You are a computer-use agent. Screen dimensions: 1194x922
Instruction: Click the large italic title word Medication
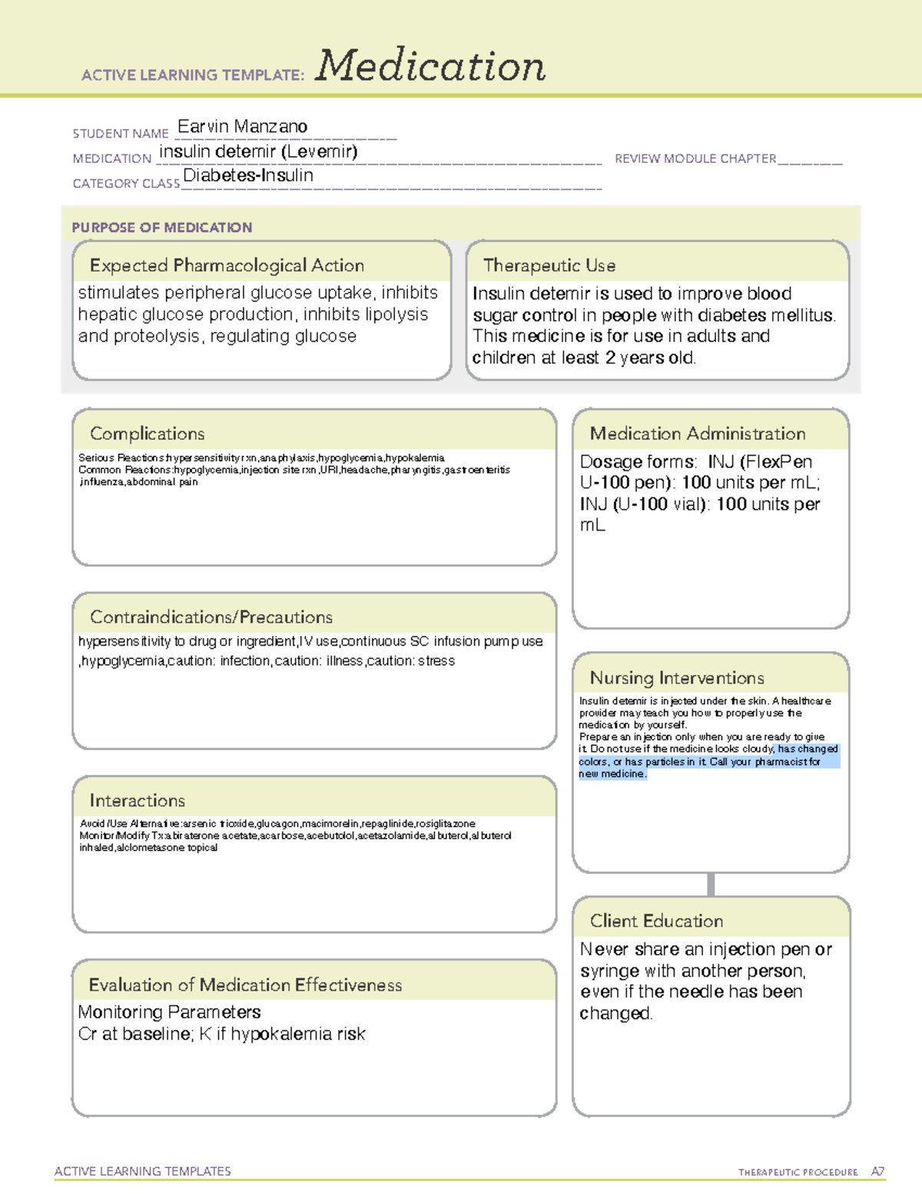[429, 67]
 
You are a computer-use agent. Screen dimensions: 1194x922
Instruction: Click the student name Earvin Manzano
[242, 126]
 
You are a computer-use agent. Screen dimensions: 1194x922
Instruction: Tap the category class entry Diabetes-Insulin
[247, 175]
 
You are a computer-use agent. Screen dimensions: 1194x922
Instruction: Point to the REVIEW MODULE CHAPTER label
[695, 158]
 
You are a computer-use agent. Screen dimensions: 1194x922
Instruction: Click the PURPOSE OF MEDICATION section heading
[161, 228]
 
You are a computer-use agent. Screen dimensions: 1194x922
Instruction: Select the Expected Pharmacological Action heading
[227, 265]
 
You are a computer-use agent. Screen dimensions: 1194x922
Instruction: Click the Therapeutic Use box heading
[549, 265]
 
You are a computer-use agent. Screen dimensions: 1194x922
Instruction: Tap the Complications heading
[147, 434]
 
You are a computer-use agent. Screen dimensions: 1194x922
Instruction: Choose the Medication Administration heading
[697, 434]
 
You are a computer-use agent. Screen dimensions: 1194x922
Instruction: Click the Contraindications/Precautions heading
[211, 617]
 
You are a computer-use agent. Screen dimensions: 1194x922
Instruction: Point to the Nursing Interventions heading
[676, 677]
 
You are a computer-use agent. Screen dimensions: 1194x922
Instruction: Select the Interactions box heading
[137, 800]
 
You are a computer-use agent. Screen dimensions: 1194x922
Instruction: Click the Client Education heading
[656, 921]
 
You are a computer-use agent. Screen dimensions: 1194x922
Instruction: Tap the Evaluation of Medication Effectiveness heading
[245, 985]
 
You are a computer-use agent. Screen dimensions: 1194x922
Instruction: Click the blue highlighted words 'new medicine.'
[612, 774]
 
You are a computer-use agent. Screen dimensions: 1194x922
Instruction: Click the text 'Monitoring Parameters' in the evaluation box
[169, 1012]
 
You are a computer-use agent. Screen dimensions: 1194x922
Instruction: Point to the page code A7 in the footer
[877, 1172]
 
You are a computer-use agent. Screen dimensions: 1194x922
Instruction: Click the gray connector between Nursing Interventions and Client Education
[711, 884]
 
